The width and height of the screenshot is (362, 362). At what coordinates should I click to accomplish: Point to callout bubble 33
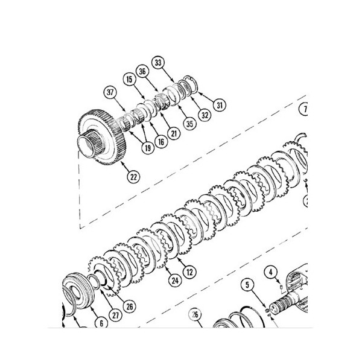(158, 62)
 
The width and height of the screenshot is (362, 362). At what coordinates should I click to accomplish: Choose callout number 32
(204, 115)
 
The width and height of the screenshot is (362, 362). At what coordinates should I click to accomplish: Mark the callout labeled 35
(191, 124)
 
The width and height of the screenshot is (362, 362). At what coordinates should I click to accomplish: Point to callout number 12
(189, 272)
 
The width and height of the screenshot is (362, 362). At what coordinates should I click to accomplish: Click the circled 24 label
(175, 279)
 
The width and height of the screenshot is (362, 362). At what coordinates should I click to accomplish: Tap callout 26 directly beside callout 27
(129, 306)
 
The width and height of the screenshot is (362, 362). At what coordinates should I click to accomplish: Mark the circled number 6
(101, 323)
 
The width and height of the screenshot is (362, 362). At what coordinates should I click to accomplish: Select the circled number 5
(247, 284)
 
